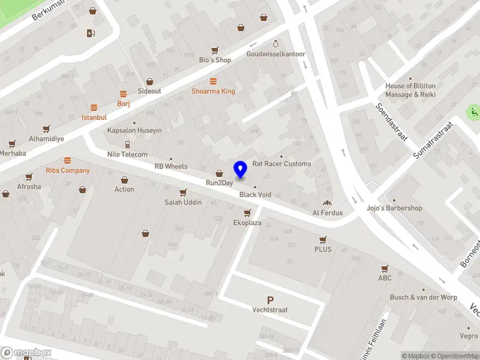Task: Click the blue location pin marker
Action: pyautogui.click(x=241, y=169)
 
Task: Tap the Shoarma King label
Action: pyautogui.click(x=213, y=91)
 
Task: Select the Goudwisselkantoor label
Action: pyautogui.click(x=275, y=54)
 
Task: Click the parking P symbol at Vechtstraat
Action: pyautogui.click(x=270, y=300)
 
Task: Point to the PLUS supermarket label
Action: pyautogui.click(x=323, y=249)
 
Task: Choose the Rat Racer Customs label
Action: pyautogui.click(x=281, y=164)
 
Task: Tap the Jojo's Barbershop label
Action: pyautogui.click(x=394, y=208)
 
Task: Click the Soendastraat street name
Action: pyautogui.click(x=390, y=122)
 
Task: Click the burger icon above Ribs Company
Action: pyautogui.click(x=67, y=160)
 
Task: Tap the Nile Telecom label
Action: pyautogui.click(x=127, y=154)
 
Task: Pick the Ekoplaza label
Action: pyautogui.click(x=247, y=223)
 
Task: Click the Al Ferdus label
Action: pyautogui.click(x=328, y=212)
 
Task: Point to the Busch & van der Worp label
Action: pyautogui.click(x=423, y=297)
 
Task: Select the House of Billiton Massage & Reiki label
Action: pyautogui.click(x=410, y=90)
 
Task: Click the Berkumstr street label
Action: pyautogui.click(x=48, y=9)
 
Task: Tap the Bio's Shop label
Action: pyautogui.click(x=215, y=60)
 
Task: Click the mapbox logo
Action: pyautogui.click(x=26, y=352)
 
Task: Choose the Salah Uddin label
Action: pyautogui.click(x=182, y=202)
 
